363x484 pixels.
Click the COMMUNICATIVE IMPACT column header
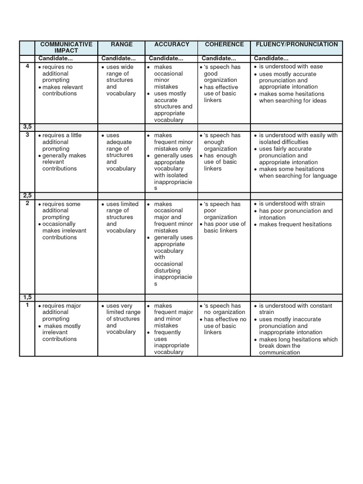tap(66, 47)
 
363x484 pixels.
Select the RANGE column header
tap(121, 44)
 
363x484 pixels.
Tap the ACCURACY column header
tap(172, 44)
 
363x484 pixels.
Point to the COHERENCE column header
tap(224, 44)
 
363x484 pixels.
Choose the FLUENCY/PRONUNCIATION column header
tap(296, 44)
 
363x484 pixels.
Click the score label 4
tap(27, 67)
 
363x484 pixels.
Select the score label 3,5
tap(27, 127)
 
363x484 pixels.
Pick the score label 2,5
tap(27, 196)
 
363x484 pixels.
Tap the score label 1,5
tap(27, 297)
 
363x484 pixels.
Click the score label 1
tap(27, 305)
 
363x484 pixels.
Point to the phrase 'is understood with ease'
tap(290, 67)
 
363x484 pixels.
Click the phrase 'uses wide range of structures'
tap(121, 77)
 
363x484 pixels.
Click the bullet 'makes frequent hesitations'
tap(295, 225)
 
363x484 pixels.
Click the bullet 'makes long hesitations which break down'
tap(298, 346)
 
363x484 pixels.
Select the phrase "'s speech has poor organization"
tap(222, 211)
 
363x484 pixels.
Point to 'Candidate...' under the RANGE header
tap(118, 58)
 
